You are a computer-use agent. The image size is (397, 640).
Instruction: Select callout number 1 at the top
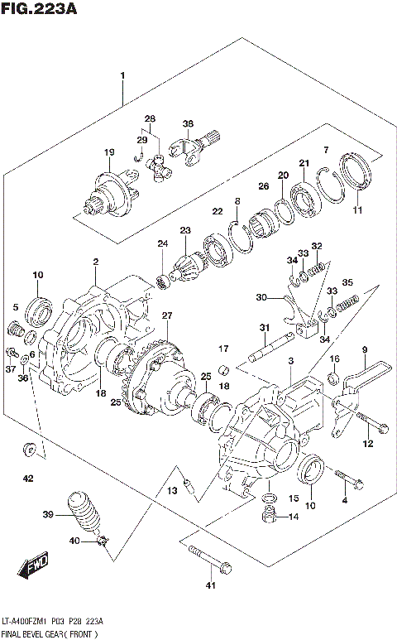(x=122, y=77)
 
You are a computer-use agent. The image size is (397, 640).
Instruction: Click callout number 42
(x=28, y=479)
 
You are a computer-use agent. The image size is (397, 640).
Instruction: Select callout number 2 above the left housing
(x=95, y=262)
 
